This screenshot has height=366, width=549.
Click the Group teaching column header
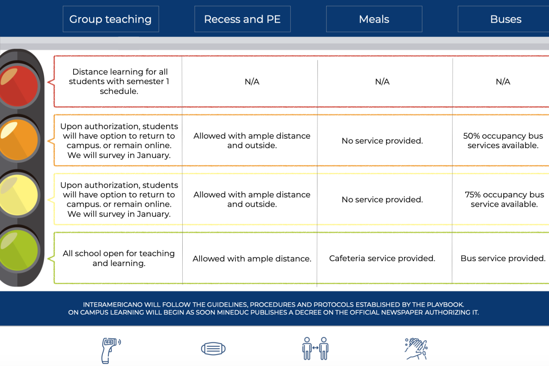(x=111, y=19)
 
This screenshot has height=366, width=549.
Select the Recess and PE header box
(x=242, y=19)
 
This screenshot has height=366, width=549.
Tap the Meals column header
(x=374, y=19)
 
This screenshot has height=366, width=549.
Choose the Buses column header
(x=503, y=19)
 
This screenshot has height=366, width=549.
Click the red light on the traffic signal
(x=18, y=86)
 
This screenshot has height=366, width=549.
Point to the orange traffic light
(x=18, y=139)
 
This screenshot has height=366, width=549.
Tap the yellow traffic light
(x=18, y=195)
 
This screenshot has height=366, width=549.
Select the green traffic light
(x=18, y=250)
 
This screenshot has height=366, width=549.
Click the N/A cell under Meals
(x=382, y=82)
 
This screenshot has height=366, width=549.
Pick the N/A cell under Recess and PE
(x=252, y=82)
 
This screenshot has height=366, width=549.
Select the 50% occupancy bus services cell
(x=503, y=141)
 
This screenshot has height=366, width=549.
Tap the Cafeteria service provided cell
(x=382, y=258)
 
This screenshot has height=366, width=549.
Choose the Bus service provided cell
(x=503, y=258)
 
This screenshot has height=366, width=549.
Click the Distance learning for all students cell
(x=119, y=81)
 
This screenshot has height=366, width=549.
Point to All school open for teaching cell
(x=119, y=258)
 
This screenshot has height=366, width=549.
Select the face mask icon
(x=213, y=348)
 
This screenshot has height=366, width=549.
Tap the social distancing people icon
(x=315, y=348)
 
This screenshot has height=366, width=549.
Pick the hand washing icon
(x=416, y=349)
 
